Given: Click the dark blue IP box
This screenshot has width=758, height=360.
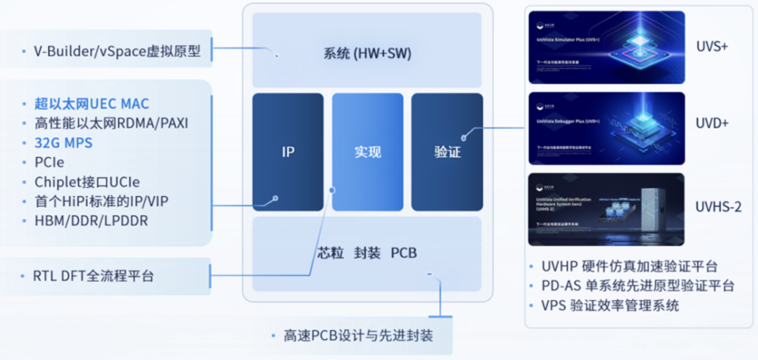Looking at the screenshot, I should click(x=287, y=152).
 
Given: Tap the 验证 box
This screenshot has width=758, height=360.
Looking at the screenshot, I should click(x=447, y=152).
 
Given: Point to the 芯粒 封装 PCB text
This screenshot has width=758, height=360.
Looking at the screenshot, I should click(x=366, y=252).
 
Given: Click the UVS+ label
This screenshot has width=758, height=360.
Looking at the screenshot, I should click(x=711, y=46).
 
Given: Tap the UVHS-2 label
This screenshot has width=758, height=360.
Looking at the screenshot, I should click(x=718, y=206).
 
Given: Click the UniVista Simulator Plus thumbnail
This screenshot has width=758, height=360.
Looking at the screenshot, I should click(x=606, y=47).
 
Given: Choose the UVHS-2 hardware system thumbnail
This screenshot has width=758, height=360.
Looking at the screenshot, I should click(x=606, y=209).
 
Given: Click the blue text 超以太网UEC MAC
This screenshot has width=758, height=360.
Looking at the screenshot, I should click(x=92, y=104).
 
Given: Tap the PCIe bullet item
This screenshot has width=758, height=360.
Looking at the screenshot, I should click(x=50, y=162).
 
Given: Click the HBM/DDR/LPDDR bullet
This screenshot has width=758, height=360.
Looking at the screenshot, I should click(x=91, y=221).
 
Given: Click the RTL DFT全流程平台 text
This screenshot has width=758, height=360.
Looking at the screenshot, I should click(x=94, y=277).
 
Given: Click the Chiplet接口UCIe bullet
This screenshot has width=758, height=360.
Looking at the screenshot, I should click(x=87, y=182).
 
